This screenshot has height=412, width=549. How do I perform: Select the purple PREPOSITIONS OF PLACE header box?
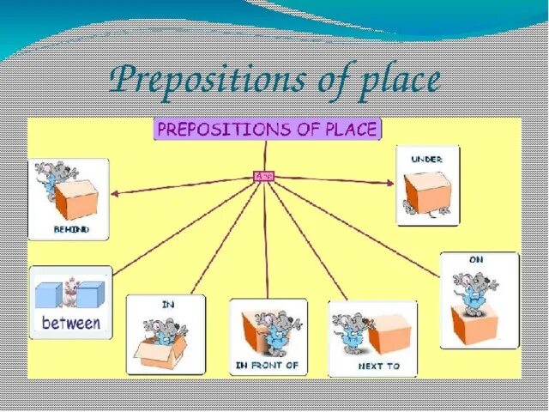click(267, 130)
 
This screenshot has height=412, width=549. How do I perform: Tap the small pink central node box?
click(264, 176)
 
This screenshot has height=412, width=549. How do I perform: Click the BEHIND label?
click(69, 230)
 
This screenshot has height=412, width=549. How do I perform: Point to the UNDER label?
click(426, 159)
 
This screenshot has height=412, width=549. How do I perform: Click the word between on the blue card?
click(71, 324)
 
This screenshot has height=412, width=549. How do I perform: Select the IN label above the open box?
click(167, 304)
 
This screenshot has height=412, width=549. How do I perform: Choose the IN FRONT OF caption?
click(267, 366)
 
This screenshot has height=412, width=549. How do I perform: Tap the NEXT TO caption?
click(372, 366)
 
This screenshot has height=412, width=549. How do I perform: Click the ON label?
click(477, 259)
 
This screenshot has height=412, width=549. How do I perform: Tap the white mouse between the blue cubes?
click(70, 292)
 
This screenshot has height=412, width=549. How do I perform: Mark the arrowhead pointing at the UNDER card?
click(391, 182)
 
